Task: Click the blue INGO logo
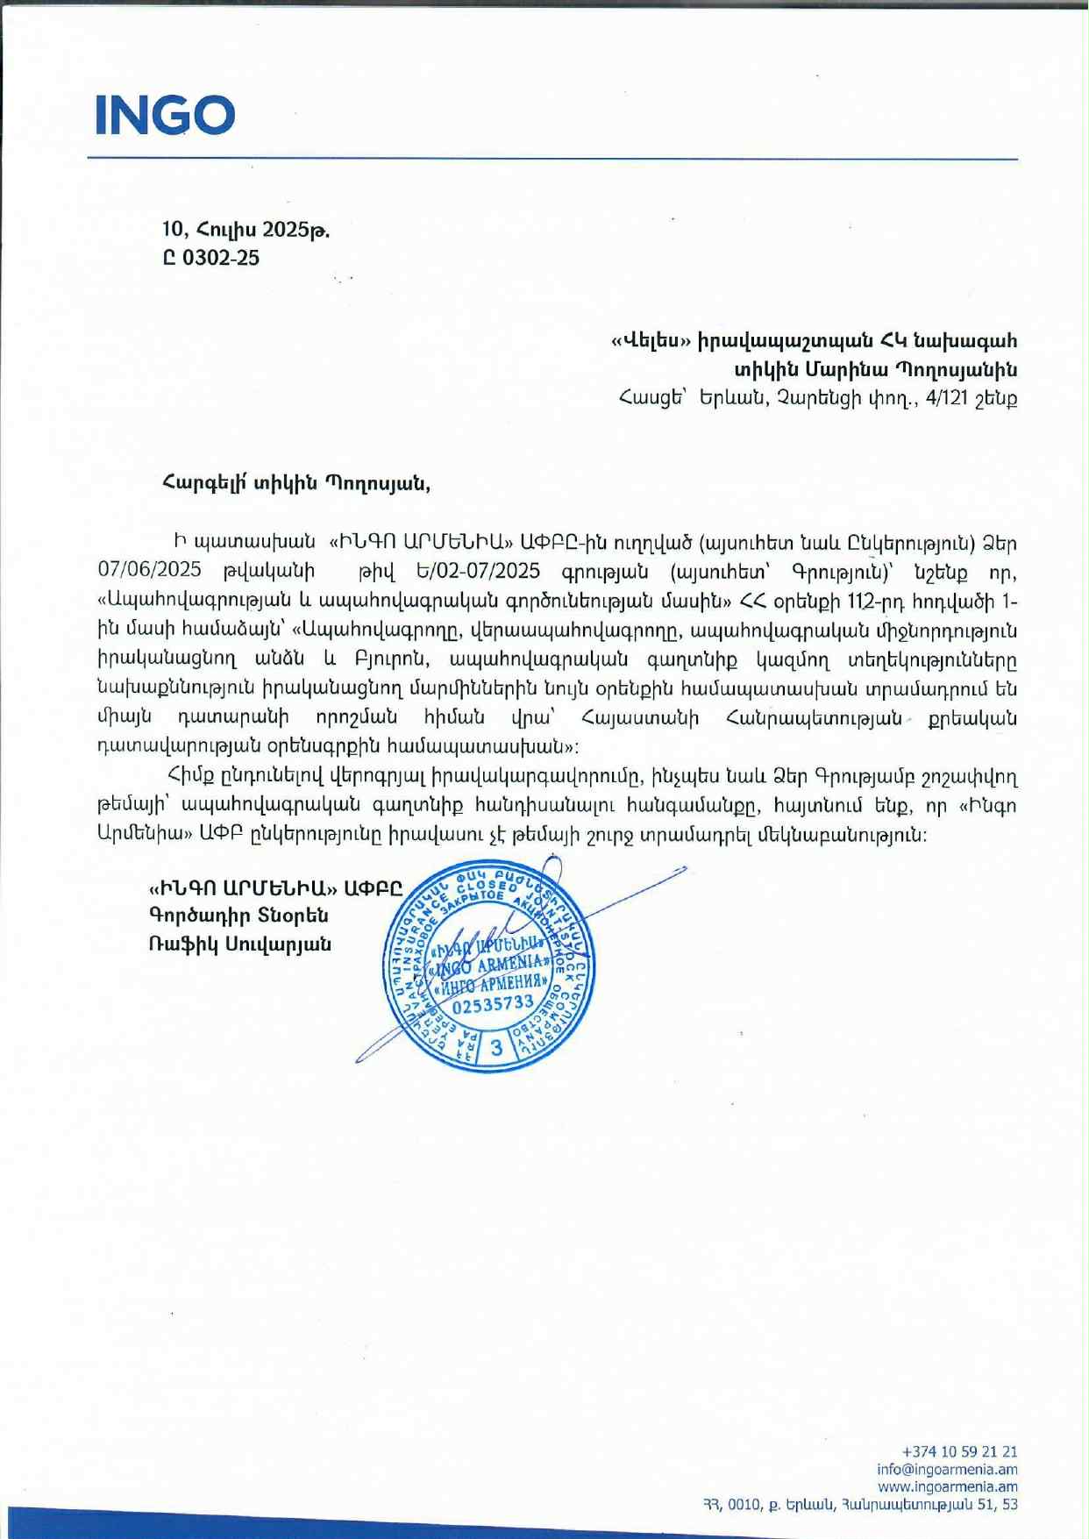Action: point(165,115)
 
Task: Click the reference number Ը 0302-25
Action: point(211,258)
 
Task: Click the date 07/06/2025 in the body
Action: point(149,571)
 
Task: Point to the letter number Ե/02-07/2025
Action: point(479,571)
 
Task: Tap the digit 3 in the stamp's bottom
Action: point(497,1047)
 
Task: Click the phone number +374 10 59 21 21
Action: point(959,1451)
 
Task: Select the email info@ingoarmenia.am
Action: point(947,1469)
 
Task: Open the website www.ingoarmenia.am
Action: point(947,1486)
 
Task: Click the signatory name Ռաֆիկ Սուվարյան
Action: point(240,944)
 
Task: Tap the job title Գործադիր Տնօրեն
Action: point(238,916)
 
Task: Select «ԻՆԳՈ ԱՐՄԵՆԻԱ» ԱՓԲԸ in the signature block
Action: point(275,887)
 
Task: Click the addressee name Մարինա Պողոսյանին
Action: point(911,369)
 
